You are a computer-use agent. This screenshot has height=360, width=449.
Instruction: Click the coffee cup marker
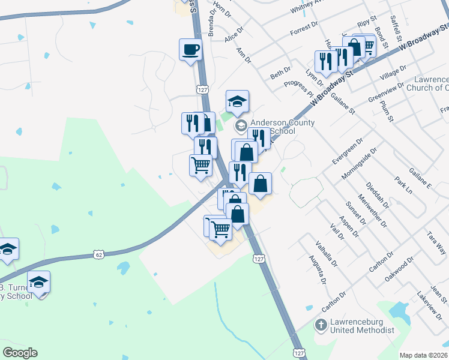tap(190, 49)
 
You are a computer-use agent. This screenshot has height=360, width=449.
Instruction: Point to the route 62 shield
tap(99, 254)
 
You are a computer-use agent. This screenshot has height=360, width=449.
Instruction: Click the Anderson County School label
tap(277, 126)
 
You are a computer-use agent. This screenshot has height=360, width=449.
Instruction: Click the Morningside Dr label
tap(360, 163)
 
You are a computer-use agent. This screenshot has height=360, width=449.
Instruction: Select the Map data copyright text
tap(423, 355)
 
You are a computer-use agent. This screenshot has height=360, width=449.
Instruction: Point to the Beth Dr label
tap(280, 73)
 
